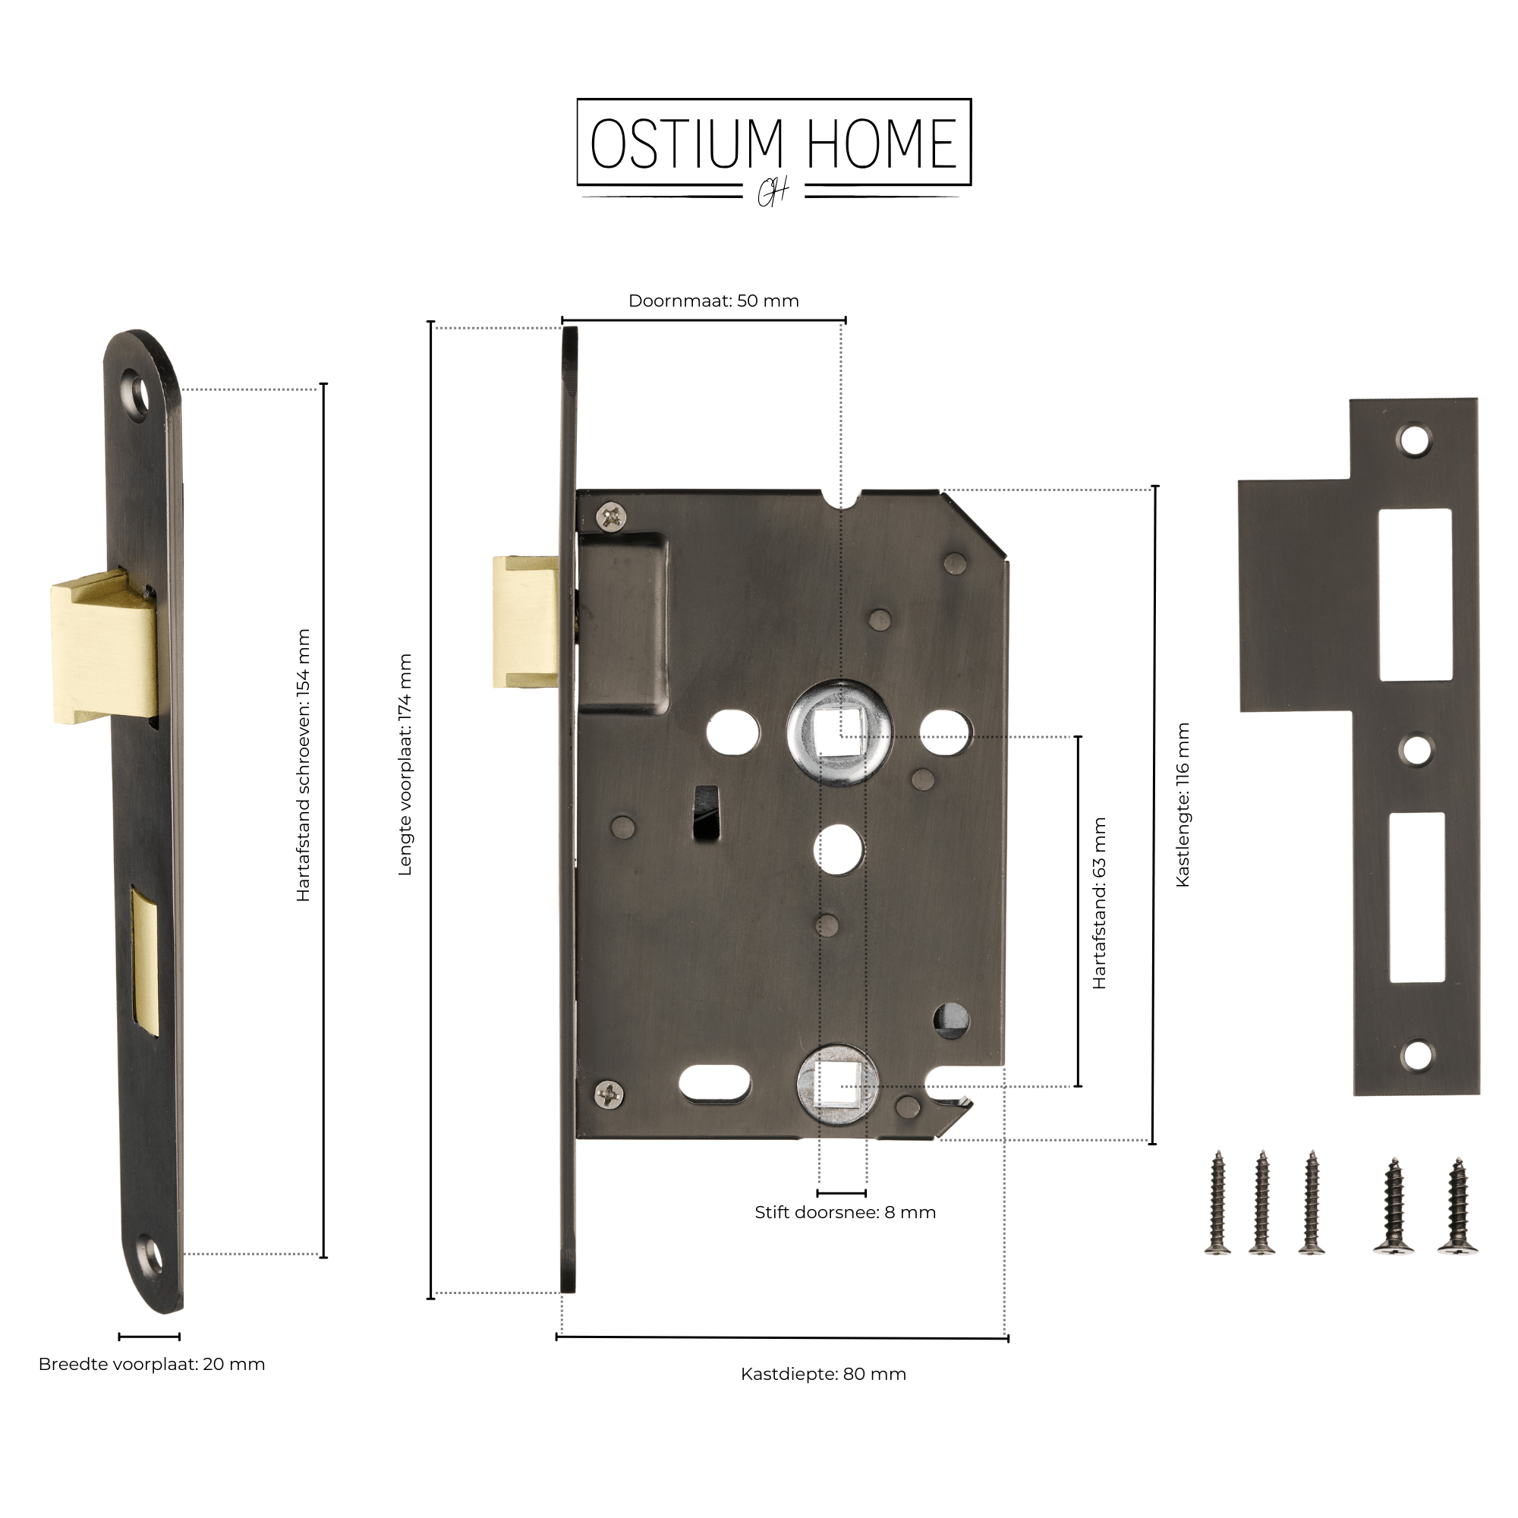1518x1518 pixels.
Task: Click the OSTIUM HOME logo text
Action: coord(774,143)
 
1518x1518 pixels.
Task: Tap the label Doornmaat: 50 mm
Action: coord(713,301)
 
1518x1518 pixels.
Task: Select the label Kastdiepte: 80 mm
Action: coord(824,1374)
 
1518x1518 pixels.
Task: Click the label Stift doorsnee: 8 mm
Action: coord(846,1211)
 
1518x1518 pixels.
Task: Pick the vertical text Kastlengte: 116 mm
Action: coord(1183,805)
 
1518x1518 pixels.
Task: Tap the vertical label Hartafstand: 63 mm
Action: coord(1099,902)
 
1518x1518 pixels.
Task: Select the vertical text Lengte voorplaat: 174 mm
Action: coord(405,764)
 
